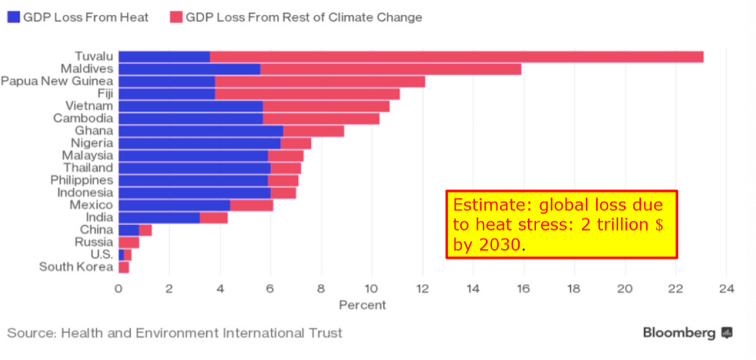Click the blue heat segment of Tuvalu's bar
pos(164,57)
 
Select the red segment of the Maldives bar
pos(390,69)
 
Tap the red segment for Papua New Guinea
pos(319,82)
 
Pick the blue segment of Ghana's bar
pos(200,131)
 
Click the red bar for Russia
pos(128,242)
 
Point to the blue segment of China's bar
pos(128,230)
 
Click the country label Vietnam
pos(89,106)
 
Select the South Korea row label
pos(76,267)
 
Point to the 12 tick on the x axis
pos(422,289)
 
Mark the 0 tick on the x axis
pos(118,289)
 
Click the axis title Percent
pos(362,305)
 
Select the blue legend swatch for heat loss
pos(13,18)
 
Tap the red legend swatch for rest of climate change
pos(175,18)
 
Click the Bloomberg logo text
pos(679,333)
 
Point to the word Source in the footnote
pos(31,333)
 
